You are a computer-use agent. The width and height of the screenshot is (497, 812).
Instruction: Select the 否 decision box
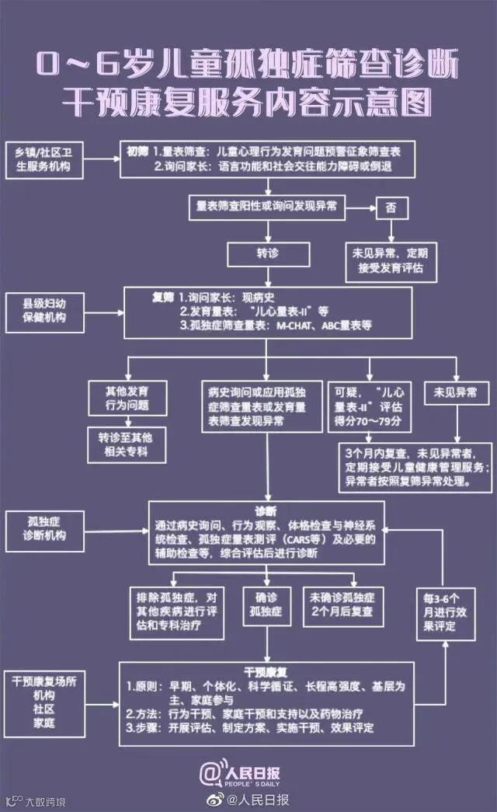click(391, 207)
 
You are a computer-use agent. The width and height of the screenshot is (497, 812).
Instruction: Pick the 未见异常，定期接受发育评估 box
click(391, 260)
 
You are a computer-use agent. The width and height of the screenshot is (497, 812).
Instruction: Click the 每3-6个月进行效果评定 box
click(445, 612)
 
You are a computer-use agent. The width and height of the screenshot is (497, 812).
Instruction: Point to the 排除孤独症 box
click(176, 611)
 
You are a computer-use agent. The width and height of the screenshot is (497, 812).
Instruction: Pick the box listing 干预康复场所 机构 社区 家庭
click(45, 702)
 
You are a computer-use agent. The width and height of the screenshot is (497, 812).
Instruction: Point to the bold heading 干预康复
click(266, 671)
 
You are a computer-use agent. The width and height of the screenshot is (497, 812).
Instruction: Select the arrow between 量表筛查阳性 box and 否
click(361, 207)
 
